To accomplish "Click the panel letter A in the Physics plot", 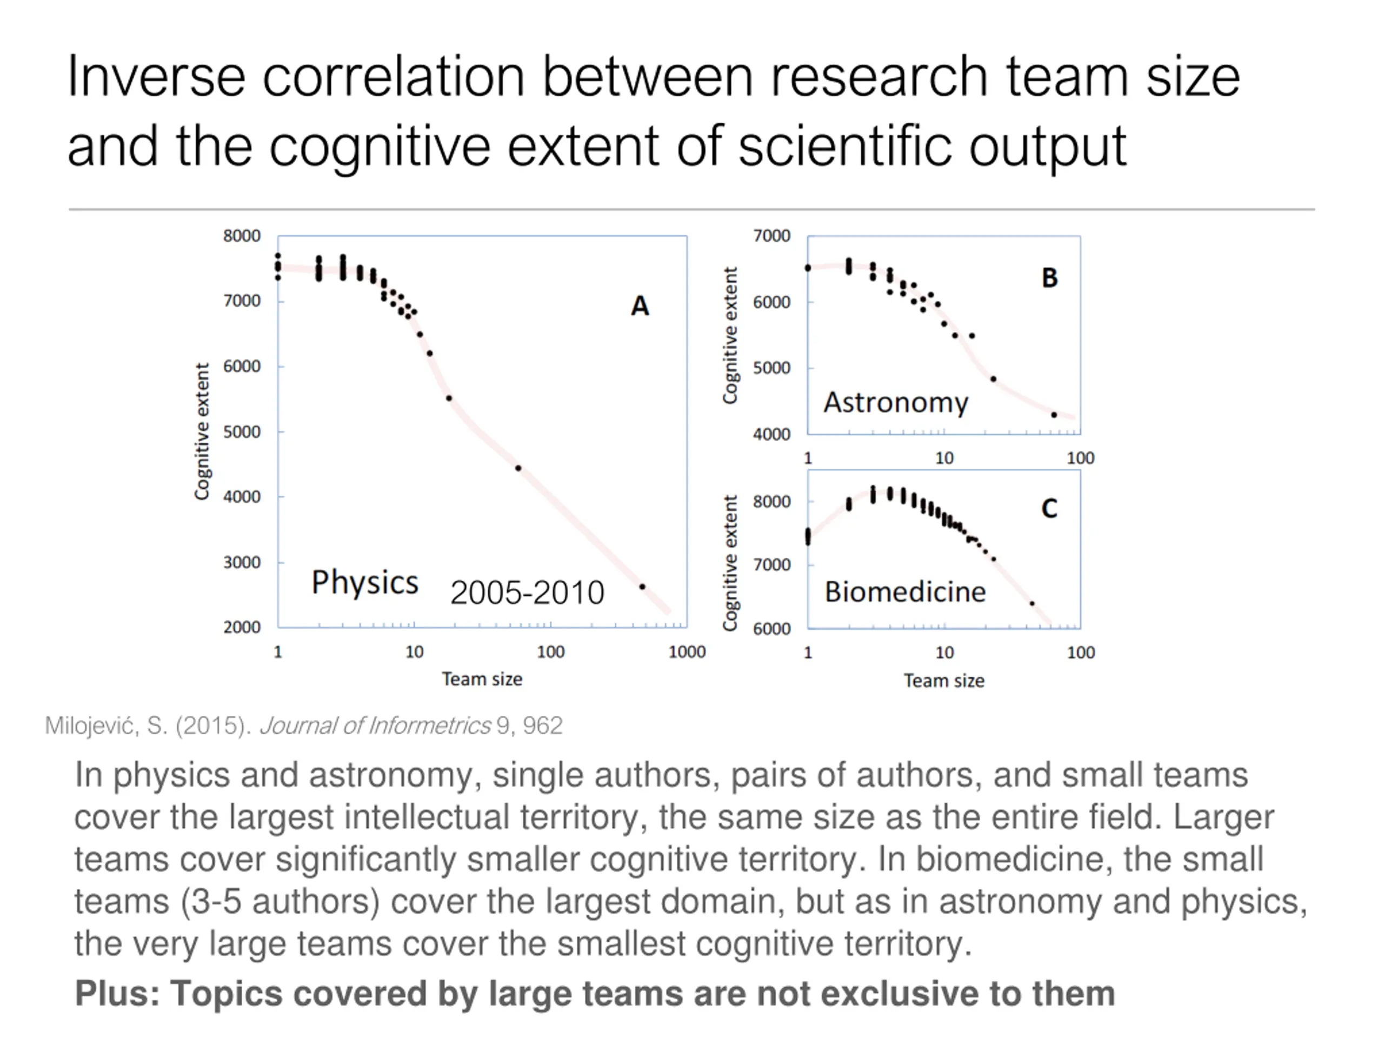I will click(x=640, y=306).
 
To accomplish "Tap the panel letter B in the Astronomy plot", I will click(x=1049, y=278).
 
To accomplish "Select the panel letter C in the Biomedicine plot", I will click(x=1049, y=508).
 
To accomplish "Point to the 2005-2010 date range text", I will click(x=527, y=593).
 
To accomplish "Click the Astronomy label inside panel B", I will click(x=895, y=402).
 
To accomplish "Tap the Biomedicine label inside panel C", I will click(x=904, y=592).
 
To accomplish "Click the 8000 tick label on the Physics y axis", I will click(x=242, y=236).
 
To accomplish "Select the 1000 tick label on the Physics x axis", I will click(x=687, y=652).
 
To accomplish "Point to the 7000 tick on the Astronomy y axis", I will click(x=771, y=236).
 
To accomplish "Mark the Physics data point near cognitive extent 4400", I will click(x=518, y=468).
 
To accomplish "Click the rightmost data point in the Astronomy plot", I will click(x=1054, y=415).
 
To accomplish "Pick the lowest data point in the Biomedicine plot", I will click(x=1032, y=604).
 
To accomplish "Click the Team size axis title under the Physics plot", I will click(x=482, y=679).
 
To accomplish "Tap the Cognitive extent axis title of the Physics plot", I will click(x=202, y=432).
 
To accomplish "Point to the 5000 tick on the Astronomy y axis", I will click(x=771, y=368).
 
